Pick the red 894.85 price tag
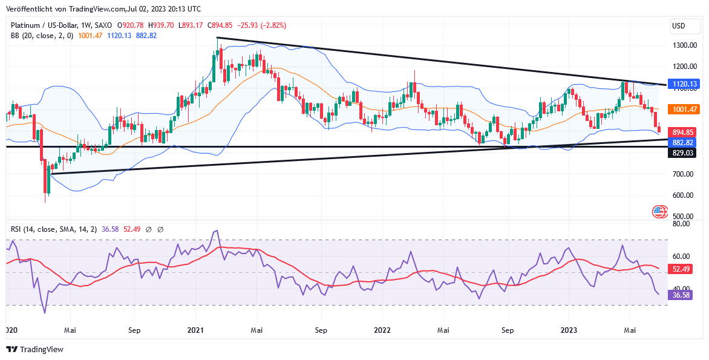click(682, 132)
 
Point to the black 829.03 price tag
click(682, 154)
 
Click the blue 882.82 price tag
click(682, 143)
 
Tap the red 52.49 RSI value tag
click(680, 269)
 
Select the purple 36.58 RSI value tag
click(680, 295)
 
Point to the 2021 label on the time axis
click(195, 330)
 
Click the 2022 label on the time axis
click(382, 330)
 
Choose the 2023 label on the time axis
click(569, 330)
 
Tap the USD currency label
click(679, 26)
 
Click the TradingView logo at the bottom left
click(34, 349)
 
